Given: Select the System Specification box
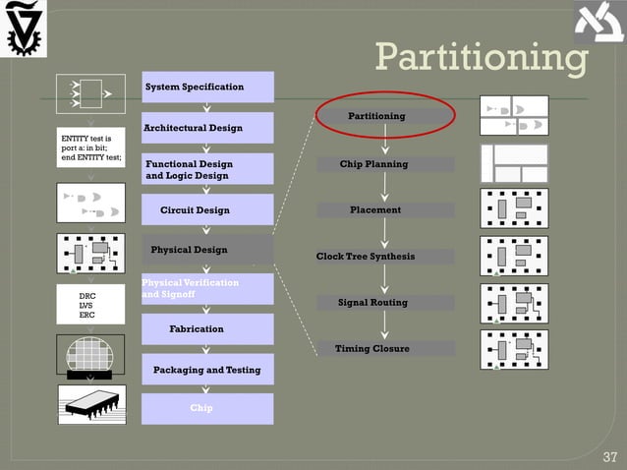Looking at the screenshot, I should (x=207, y=88).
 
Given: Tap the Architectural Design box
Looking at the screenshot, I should (x=207, y=128).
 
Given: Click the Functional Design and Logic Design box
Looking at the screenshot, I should (x=207, y=169).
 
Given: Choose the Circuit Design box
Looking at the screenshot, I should (x=207, y=210).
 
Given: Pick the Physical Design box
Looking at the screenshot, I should (x=207, y=250).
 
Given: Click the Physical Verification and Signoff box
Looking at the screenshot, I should (x=207, y=288).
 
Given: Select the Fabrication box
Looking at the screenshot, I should (x=207, y=329).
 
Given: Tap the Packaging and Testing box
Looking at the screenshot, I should (x=207, y=370).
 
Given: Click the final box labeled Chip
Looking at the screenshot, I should (x=207, y=408).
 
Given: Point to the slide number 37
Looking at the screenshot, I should (x=609, y=456).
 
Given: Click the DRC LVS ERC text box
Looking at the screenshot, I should (x=91, y=305).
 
